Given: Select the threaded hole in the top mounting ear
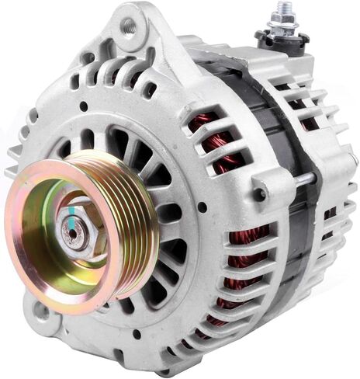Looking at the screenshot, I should click(128, 26).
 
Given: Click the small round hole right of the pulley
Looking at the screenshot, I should click(202, 207).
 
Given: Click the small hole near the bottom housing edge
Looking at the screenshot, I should click(137, 334).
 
